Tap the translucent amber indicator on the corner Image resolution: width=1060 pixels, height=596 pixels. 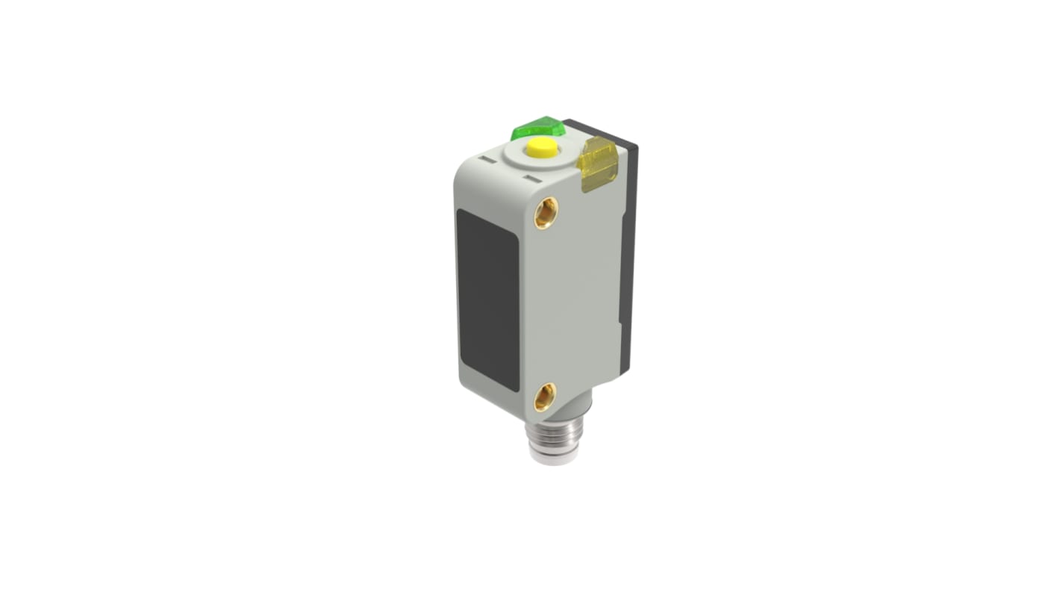coord(599,163)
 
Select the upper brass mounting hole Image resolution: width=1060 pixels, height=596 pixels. coord(546,213)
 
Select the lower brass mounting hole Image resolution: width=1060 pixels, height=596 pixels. coord(546,397)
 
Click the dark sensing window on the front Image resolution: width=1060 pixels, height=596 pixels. coord(487,299)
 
